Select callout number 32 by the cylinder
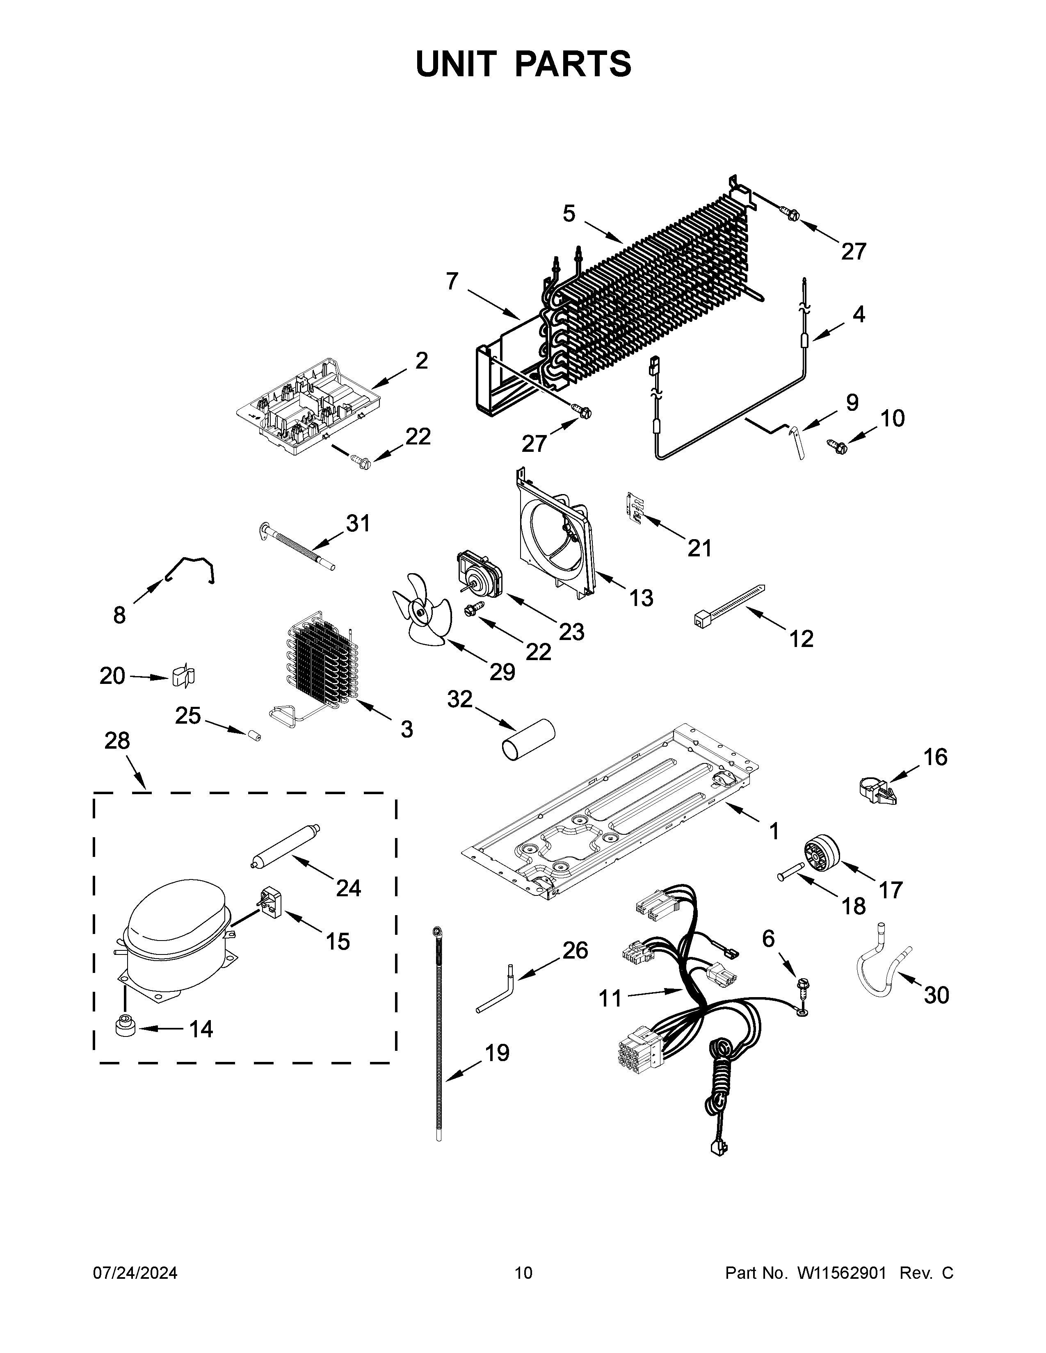(x=460, y=699)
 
